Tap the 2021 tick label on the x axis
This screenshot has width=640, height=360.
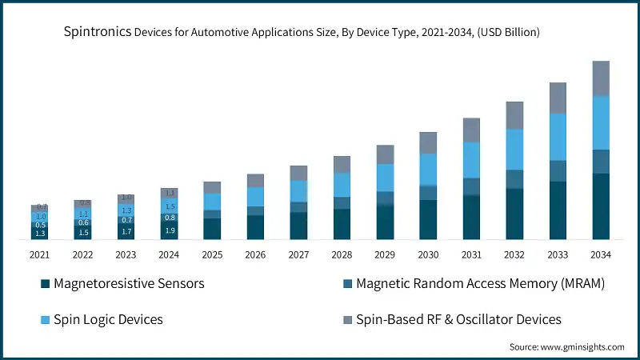(x=40, y=254)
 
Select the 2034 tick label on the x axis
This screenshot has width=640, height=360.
(x=601, y=254)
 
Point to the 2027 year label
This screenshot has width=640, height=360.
(x=298, y=254)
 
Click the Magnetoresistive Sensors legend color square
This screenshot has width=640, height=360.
(x=46, y=284)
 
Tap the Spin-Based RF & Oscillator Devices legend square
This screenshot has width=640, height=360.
(x=348, y=320)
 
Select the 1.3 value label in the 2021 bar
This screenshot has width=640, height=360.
(x=40, y=233)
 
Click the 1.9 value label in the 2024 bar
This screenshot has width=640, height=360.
(x=170, y=231)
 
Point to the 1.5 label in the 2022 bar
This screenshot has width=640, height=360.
(x=83, y=232)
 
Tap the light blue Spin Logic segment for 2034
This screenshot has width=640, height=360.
(x=601, y=122)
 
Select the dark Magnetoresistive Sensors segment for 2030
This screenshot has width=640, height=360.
(x=428, y=220)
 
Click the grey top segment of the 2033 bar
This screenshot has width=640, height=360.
(x=558, y=98)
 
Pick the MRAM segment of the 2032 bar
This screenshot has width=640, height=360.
(x=514, y=179)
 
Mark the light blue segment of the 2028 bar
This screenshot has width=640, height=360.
(x=342, y=185)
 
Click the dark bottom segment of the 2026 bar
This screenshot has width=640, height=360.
(x=255, y=227)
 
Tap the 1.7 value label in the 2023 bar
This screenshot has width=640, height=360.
(x=126, y=232)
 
